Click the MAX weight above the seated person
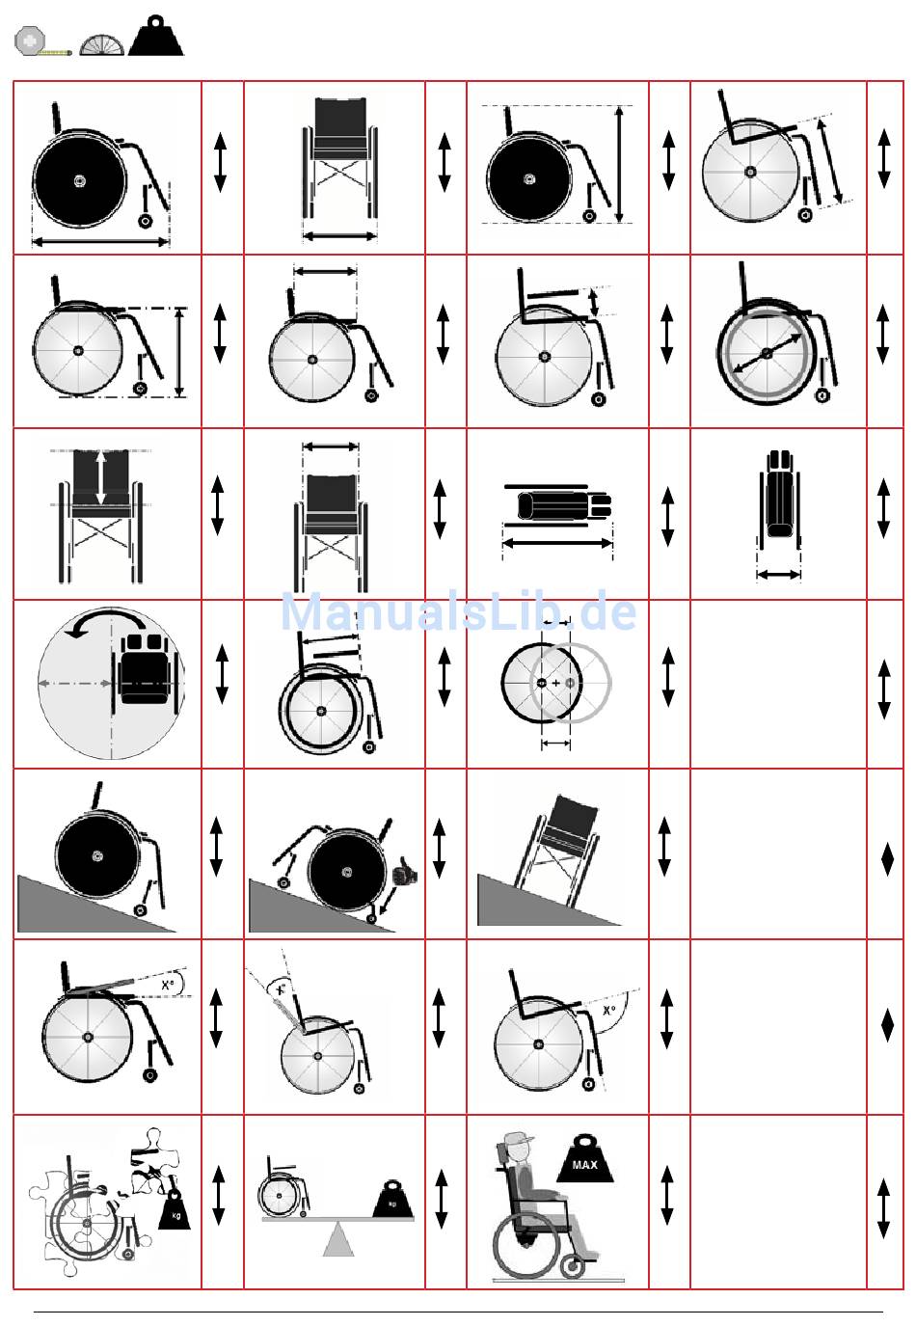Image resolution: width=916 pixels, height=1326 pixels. [x=584, y=1160]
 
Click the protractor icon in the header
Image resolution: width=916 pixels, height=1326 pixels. [x=101, y=43]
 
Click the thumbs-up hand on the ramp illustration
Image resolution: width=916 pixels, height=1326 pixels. [x=404, y=874]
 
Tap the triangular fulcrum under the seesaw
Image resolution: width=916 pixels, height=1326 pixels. [x=337, y=1238]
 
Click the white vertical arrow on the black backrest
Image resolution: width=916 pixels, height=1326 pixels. [x=101, y=476]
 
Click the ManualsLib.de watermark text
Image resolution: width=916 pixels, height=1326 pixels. [x=458, y=612]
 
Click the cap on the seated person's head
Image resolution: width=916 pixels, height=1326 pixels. [x=517, y=1140]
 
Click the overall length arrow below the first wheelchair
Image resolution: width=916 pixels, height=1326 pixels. [x=100, y=241]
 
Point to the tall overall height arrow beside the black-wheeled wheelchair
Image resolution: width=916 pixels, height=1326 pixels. [x=620, y=165]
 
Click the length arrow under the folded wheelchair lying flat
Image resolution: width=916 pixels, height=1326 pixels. [x=557, y=544]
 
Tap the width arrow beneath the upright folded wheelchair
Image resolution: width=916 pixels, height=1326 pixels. [x=779, y=575]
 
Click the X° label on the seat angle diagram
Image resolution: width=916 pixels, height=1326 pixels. [x=168, y=985]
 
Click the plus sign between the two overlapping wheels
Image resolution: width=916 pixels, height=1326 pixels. [x=555, y=684]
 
